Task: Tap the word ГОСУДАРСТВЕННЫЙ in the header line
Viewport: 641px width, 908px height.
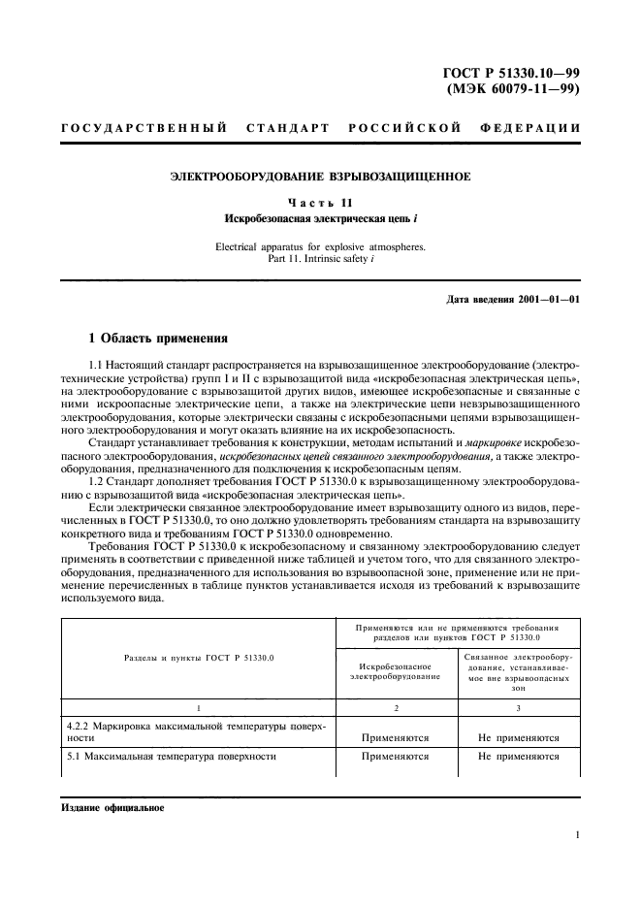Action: (144, 127)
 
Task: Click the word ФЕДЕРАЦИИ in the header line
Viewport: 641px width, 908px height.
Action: (529, 127)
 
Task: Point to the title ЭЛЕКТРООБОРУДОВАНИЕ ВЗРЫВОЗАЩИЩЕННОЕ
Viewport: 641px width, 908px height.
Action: (320, 177)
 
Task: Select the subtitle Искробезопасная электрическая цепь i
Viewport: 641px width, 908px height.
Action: (320, 218)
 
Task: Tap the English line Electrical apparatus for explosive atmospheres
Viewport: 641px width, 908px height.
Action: (320, 244)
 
